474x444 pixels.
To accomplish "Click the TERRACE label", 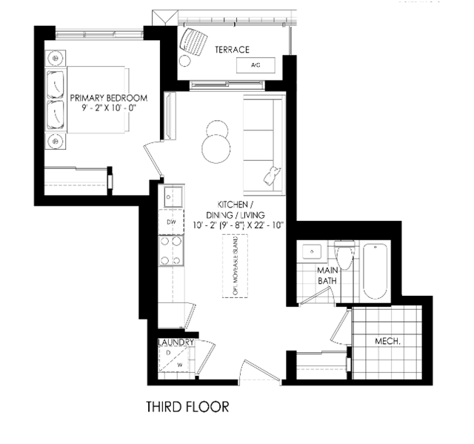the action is coord(232,50).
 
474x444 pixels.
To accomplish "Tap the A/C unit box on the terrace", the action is coord(256,65).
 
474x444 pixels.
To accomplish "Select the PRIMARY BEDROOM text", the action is coord(109,98).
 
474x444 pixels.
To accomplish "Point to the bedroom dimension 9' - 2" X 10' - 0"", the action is coord(109,108).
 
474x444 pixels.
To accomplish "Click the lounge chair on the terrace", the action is coord(193,42).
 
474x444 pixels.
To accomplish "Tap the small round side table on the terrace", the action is coord(184,61).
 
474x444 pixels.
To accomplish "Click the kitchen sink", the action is coord(173,196).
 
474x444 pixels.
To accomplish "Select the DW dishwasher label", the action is coord(171,222).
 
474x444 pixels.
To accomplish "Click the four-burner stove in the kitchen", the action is coord(171,251).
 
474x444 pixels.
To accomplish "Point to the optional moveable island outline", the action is coord(236,266).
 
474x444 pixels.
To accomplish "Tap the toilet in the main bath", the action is coord(344,254).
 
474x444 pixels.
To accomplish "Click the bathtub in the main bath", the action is coord(375,271).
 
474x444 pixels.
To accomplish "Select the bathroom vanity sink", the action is coord(312,251).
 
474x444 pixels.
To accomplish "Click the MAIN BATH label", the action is coord(327,275).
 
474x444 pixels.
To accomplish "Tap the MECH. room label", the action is coord(387,342).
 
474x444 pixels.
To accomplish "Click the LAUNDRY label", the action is coord(176,342).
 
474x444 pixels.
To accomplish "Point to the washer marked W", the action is coord(180,365).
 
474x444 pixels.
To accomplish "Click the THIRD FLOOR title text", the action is coord(187,407).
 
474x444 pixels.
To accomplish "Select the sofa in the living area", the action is coord(264,145).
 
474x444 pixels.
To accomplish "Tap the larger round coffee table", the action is coord(216,149).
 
